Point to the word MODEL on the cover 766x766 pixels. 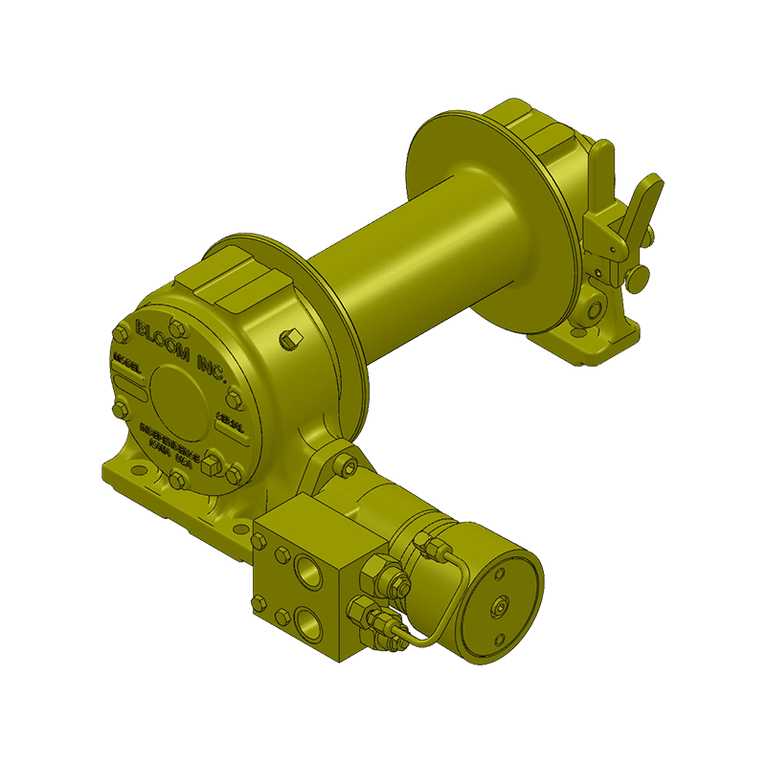[127, 365]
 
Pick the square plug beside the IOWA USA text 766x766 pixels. [213, 462]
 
